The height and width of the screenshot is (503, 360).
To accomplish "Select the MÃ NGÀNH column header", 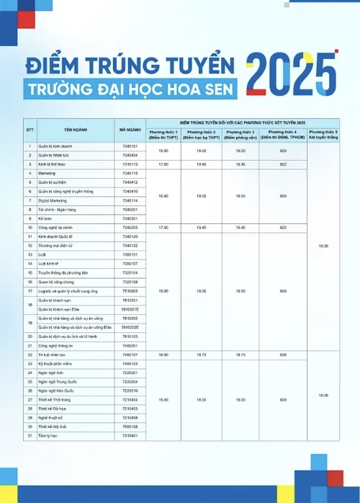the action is [130, 129].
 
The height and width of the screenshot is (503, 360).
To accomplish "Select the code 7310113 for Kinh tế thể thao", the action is [130, 164].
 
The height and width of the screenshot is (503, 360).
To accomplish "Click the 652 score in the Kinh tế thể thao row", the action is [283, 164].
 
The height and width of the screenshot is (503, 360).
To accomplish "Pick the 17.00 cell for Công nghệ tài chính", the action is [163, 227].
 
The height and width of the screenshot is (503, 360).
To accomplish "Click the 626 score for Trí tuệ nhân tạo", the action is [283, 355].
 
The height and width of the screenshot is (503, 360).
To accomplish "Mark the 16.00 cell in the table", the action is [163, 355].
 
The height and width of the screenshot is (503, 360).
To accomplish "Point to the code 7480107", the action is [130, 355].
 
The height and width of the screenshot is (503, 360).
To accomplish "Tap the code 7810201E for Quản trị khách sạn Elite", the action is [130, 308].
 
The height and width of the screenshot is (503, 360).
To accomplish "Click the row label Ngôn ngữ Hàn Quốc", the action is [55, 390].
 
